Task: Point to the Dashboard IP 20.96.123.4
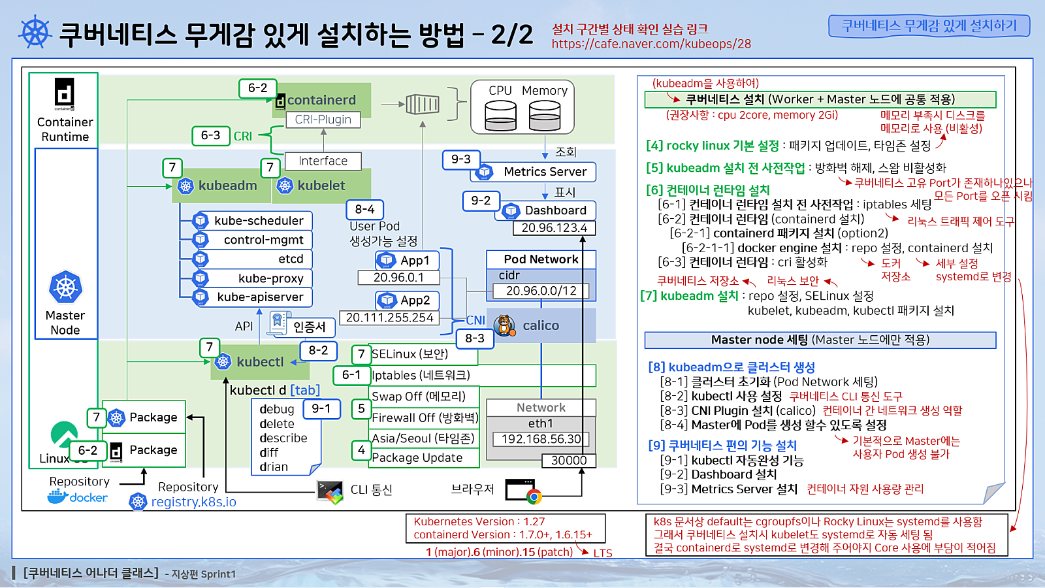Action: (554, 228)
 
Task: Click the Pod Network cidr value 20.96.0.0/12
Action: (541, 291)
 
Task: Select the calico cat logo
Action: (504, 325)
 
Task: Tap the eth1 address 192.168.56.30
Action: (541, 439)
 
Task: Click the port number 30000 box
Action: (568, 461)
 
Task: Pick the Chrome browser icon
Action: (534, 497)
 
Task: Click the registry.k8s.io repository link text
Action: (194, 502)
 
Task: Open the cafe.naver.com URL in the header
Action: (651, 44)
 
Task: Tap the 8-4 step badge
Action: (364, 209)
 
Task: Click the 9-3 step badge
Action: (460, 159)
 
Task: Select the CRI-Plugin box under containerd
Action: (323, 120)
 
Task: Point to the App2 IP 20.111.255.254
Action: (389, 318)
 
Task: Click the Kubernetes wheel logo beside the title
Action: (35, 33)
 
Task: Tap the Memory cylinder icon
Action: (544, 116)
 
